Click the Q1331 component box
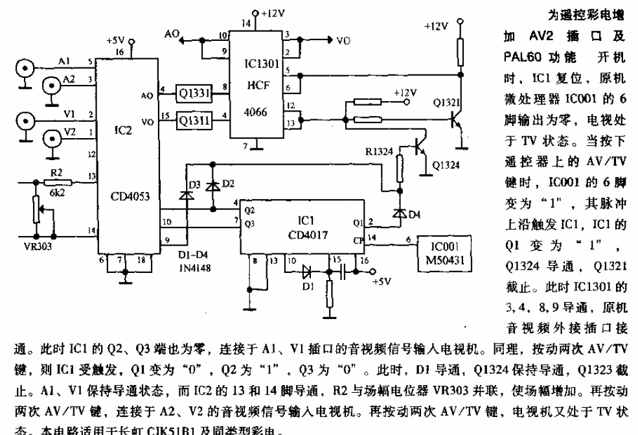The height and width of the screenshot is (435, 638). pos(193,96)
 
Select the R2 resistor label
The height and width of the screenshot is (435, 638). pos(56,171)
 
